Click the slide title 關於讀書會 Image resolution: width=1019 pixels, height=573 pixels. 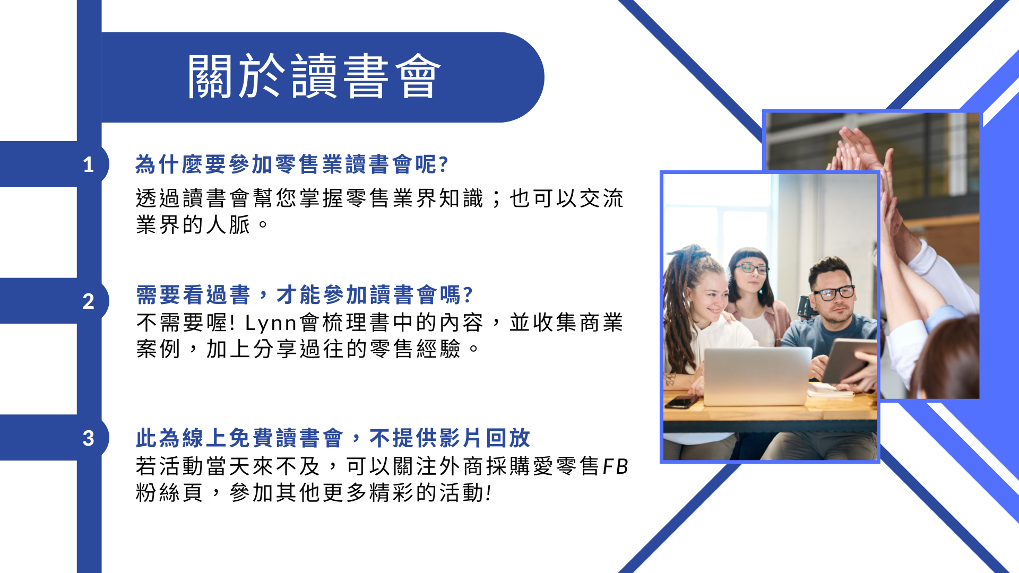314,76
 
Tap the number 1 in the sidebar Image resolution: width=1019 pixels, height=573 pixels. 89,165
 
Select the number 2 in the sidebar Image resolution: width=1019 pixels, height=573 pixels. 89,301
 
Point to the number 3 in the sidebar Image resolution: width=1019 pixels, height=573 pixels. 89,438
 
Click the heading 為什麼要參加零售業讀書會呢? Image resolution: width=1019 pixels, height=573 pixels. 292,164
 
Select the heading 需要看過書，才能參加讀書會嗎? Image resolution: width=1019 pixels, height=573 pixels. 305,294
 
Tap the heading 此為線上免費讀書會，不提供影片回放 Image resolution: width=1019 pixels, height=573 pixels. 333,438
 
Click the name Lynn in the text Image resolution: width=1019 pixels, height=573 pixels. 271,323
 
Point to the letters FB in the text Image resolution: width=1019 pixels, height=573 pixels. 616,466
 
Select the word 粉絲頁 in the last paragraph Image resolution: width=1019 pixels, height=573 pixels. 169,492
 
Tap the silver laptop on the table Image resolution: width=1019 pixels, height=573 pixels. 757,376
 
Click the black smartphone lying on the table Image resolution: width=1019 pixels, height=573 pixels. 682,402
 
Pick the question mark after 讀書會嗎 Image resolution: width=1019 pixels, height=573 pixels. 468,294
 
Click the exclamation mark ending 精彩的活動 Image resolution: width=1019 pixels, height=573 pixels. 489,493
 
